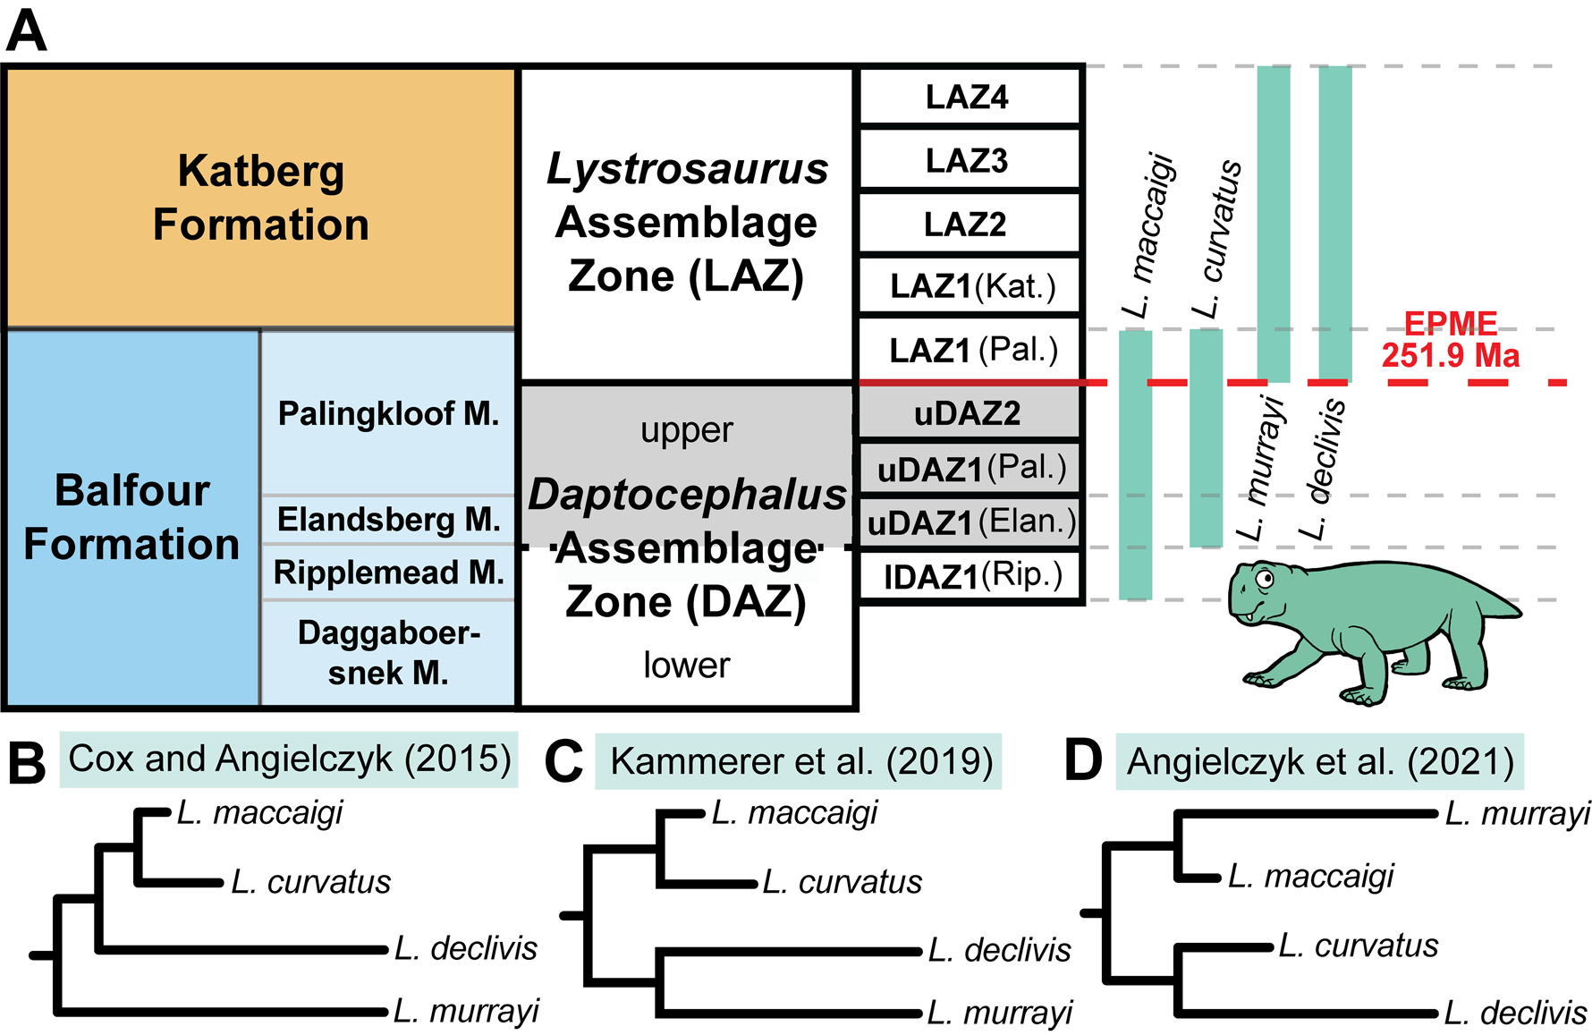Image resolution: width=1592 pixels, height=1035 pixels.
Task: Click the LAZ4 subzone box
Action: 970,97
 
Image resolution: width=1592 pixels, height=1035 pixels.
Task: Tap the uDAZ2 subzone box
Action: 970,413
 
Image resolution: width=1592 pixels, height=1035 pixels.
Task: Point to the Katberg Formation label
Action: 260,197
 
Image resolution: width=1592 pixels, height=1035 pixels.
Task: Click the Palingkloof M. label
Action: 388,413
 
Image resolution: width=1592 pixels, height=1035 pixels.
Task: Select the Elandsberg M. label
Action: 388,519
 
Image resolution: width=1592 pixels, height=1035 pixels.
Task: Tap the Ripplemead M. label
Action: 388,573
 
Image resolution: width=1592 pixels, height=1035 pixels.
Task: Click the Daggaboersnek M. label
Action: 388,653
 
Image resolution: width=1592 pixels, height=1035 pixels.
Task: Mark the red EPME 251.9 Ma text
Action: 1450,340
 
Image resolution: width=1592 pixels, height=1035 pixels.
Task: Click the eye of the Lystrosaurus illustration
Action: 1266,580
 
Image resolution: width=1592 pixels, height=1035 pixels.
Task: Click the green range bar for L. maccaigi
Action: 1135,465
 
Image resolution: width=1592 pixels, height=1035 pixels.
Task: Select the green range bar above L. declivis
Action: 1335,224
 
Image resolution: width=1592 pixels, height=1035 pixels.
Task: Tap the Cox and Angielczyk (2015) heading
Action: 289,759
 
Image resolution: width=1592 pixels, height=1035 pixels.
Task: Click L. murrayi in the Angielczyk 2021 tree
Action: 1517,814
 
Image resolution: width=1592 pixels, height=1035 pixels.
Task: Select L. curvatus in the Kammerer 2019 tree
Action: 842,882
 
